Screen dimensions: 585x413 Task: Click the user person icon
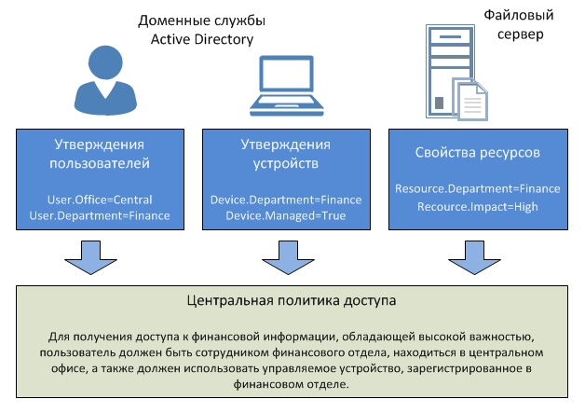click(x=105, y=80)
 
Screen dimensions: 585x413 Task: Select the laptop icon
click(x=287, y=86)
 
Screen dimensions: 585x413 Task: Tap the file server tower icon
click(x=450, y=71)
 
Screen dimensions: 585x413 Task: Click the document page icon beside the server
click(x=470, y=100)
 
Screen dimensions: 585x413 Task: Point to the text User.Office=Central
click(x=100, y=200)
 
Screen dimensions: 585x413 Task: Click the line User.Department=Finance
click(x=100, y=216)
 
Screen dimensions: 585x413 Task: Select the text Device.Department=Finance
click(x=286, y=200)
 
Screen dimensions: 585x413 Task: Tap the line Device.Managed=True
click(x=286, y=216)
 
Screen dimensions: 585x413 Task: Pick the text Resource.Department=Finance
click(x=478, y=188)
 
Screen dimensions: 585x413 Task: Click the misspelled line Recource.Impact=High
click(x=478, y=207)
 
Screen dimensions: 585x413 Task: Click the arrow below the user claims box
click(x=90, y=257)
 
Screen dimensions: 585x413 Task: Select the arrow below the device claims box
click(x=288, y=257)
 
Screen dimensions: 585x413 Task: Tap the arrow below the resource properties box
click(x=474, y=257)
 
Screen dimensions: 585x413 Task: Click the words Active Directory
click(x=202, y=39)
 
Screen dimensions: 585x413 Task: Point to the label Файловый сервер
click(x=519, y=24)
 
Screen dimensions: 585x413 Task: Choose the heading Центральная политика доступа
click(x=292, y=300)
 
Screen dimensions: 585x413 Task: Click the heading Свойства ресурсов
click(x=478, y=152)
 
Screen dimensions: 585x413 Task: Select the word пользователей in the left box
click(x=100, y=163)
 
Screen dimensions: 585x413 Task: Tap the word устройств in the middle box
click(x=286, y=163)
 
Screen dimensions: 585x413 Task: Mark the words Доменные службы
click(x=201, y=21)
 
